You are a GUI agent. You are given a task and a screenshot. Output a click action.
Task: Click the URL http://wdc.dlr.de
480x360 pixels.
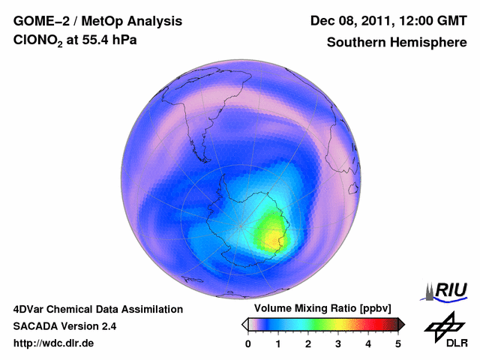(54, 343)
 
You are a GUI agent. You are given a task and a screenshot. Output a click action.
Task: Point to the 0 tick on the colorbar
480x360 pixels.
(248, 343)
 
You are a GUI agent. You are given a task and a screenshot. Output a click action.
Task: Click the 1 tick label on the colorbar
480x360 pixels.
(278, 343)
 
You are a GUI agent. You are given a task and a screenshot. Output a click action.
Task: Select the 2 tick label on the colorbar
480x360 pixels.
(308, 343)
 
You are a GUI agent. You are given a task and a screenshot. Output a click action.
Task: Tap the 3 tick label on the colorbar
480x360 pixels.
(338, 343)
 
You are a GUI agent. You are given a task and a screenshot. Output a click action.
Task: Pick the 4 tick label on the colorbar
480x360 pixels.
(368, 343)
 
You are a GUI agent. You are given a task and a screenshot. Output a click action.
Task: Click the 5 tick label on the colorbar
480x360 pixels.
(398, 343)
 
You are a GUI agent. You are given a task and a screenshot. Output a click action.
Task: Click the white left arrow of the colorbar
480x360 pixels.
(244, 324)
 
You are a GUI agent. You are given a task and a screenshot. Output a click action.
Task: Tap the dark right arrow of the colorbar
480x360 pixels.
(401, 324)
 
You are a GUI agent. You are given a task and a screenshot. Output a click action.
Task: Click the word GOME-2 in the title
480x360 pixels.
(37, 20)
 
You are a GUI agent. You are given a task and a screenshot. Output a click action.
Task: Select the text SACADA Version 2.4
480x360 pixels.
(64, 326)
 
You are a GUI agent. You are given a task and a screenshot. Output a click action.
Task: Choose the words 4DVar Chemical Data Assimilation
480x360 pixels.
(97, 309)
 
